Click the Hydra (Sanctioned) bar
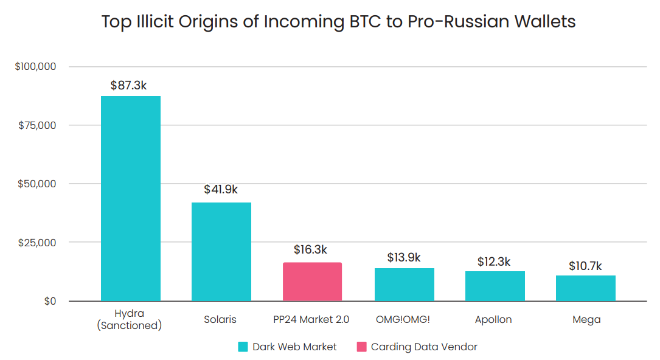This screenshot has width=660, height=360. (x=131, y=198)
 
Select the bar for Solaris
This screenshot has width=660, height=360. (x=221, y=252)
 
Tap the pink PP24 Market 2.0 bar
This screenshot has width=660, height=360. (x=312, y=282)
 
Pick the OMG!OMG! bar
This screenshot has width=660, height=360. (x=404, y=285)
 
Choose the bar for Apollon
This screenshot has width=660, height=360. (x=495, y=286)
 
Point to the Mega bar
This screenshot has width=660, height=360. (x=585, y=288)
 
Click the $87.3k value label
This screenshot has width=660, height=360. (x=128, y=86)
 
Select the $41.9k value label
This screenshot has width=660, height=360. (x=221, y=190)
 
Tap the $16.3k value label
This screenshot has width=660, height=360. (x=310, y=249)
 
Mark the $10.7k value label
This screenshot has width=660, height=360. (x=585, y=266)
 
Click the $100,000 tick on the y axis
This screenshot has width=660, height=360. (x=35, y=66)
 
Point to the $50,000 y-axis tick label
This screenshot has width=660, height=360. (x=38, y=184)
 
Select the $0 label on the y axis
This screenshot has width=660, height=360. (x=50, y=301)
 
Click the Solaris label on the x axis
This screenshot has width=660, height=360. (x=221, y=319)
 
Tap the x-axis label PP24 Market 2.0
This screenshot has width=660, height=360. (x=312, y=319)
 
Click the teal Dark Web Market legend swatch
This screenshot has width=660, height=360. (x=243, y=347)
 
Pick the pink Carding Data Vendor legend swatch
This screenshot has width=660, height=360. (x=361, y=347)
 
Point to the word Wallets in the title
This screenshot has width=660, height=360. (x=537, y=22)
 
